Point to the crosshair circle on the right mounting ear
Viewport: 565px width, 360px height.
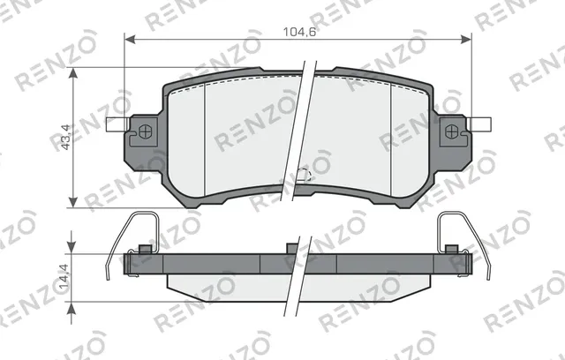[x=452, y=132]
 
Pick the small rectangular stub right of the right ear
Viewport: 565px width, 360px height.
[x=481, y=125]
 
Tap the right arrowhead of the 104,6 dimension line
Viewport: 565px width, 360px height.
[x=467, y=40]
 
